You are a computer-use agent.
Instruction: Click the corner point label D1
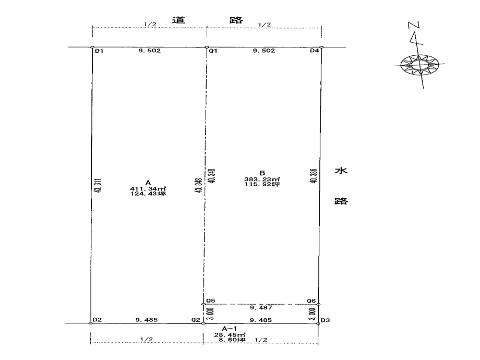click(99, 51)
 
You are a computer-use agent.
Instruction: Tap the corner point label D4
click(315, 51)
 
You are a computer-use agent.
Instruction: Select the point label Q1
click(213, 51)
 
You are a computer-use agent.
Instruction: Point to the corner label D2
click(97, 320)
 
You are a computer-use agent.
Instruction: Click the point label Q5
click(211, 301)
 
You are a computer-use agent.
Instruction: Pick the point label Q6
click(311, 301)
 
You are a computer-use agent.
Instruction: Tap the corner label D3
click(326, 320)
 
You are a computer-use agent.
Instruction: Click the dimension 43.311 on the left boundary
click(98, 186)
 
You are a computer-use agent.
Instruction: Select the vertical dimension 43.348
click(199, 186)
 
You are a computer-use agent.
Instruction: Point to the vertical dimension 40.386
click(314, 176)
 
